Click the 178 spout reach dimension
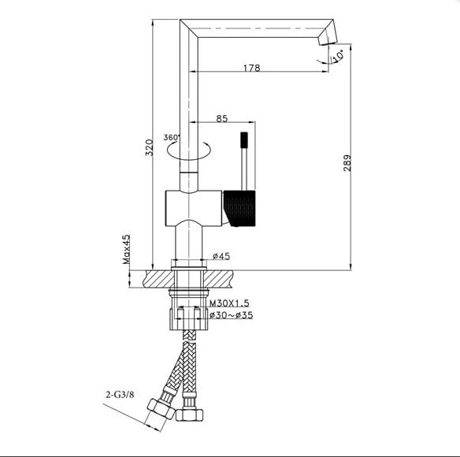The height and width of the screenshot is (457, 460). (252, 68)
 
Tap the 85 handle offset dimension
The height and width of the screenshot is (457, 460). (222, 118)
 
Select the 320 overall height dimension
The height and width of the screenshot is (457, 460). (150, 147)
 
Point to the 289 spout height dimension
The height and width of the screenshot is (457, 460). (347, 163)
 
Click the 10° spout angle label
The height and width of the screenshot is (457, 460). (337, 56)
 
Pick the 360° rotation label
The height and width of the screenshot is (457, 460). (172, 137)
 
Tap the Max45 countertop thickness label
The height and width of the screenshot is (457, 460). (126, 249)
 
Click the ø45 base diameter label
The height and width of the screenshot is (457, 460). (221, 256)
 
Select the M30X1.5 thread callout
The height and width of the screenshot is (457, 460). (229, 303)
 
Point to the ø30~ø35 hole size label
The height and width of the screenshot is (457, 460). (231, 315)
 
